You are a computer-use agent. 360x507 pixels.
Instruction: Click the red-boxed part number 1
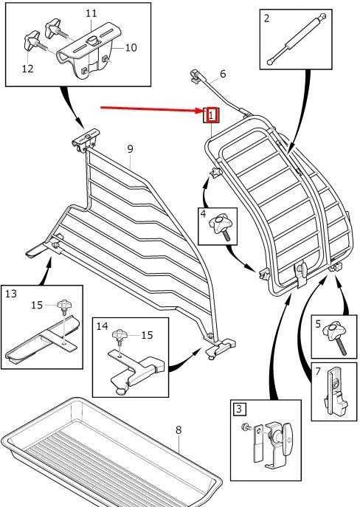tap(211, 115)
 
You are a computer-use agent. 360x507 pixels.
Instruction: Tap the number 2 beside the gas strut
tap(266, 18)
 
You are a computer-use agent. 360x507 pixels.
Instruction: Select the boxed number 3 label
tap(239, 409)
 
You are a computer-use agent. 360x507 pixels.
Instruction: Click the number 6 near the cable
tap(223, 74)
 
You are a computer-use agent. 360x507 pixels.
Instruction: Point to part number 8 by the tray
tap(179, 430)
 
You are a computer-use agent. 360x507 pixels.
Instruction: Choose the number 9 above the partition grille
tap(130, 149)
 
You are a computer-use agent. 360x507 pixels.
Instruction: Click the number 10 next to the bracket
tap(131, 47)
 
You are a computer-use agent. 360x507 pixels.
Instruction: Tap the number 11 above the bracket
tap(91, 13)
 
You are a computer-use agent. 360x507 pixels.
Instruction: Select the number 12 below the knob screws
tap(28, 68)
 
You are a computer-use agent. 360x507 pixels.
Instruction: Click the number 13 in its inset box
tap(11, 294)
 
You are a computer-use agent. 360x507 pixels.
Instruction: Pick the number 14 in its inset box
tap(102, 326)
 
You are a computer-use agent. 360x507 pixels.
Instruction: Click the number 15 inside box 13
tap(37, 305)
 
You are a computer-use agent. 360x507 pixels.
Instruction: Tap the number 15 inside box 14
tap(147, 335)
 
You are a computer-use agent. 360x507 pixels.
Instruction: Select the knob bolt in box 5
tap(336, 337)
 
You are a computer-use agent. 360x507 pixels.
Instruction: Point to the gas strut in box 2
tap(295, 39)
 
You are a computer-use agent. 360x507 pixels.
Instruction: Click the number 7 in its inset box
tap(318, 371)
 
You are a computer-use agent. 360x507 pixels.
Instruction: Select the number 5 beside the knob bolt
tap(318, 324)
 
